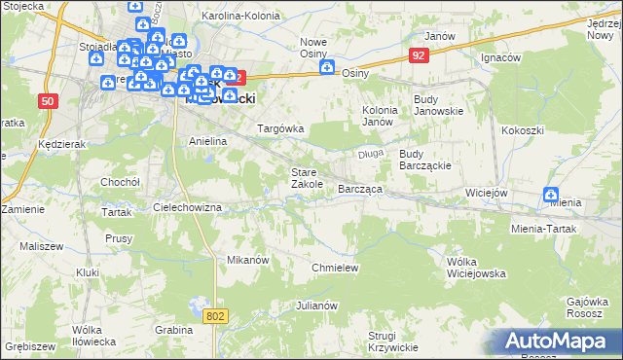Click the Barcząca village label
click(x=359, y=189)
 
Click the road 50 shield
click(x=48, y=100)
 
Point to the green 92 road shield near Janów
click(x=418, y=57)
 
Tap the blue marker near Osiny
click(x=327, y=67)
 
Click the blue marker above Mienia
click(x=552, y=195)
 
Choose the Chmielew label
click(x=335, y=268)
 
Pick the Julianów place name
click(x=316, y=306)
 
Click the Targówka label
click(x=280, y=128)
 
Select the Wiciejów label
click(x=487, y=193)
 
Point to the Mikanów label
click(x=247, y=261)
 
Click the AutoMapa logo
click(x=555, y=342)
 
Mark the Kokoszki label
click(x=521, y=129)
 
